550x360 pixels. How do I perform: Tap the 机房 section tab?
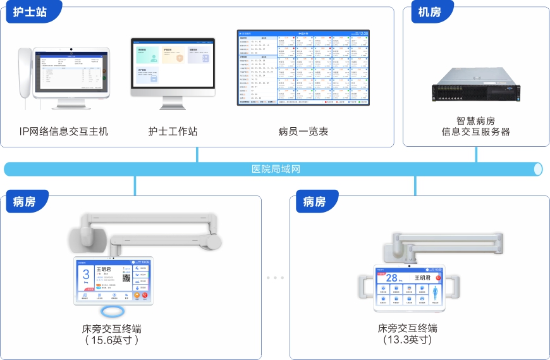pyautogui.click(x=430, y=13)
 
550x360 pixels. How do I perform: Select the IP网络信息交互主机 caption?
pyautogui.click(x=64, y=132)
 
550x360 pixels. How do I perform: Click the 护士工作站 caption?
pyautogui.click(x=173, y=132)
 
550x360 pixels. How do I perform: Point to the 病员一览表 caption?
pyautogui.click(x=303, y=132)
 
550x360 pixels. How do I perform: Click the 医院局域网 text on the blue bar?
pyautogui.click(x=275, y=170)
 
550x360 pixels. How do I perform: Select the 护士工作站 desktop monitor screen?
pyautogui.click(x=173, y=63)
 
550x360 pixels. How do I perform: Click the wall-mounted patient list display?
pyautogui.click(x=303, y=66)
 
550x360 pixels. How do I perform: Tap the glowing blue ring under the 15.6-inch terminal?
pyautogui.click(x=114, y=312)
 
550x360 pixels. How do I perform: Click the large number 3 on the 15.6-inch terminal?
pyautogui.click(x=87, y=275)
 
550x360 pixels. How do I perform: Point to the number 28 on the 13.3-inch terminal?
pyautogui.click(x=393, y=278)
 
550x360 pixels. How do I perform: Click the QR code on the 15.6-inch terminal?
pyautogui.click(x=126, y=277)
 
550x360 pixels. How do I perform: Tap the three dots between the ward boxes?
pyautogui.click(x=275, y=278)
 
